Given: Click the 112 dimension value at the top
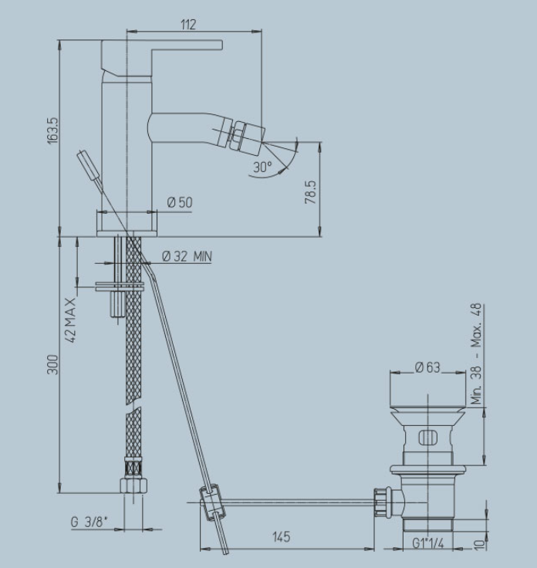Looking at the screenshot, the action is click(x=188, y=25).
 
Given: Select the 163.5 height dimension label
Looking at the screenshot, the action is click(x=53, y=130).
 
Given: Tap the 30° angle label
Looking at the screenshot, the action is click(x=262, y=167).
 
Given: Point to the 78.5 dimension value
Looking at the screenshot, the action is click(x=311, y=192).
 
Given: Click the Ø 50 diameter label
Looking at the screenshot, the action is click(x=180, y=202).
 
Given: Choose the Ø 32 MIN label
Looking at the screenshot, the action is click(x=187, y=256).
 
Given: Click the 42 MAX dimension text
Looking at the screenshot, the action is click(x=71, y=320).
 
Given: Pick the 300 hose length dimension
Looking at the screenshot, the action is click(x=53, y=365).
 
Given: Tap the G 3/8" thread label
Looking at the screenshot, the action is click(x=89, y=522).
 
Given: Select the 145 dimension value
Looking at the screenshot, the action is click(x=282, y=537).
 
